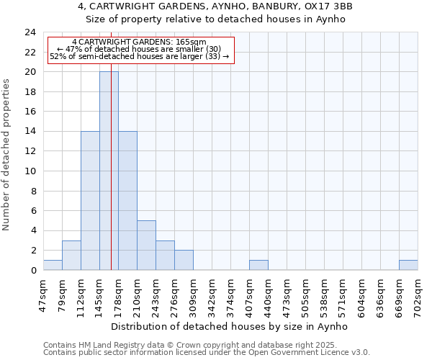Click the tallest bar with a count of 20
click(109, 171)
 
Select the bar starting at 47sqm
click(53, 265)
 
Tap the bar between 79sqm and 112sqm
click(71, 256)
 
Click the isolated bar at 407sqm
click(258, 265)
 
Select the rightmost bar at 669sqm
click(408, 265)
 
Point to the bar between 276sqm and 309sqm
click(184, 260)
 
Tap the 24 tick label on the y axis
click(30, 32)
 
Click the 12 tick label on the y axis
click(30, 151)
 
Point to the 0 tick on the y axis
click(32, 270)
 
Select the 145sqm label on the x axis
click(100, 293)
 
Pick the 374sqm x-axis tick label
click(231, 293)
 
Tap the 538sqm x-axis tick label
click(325, 293)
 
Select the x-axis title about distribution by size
click(230, 326)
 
